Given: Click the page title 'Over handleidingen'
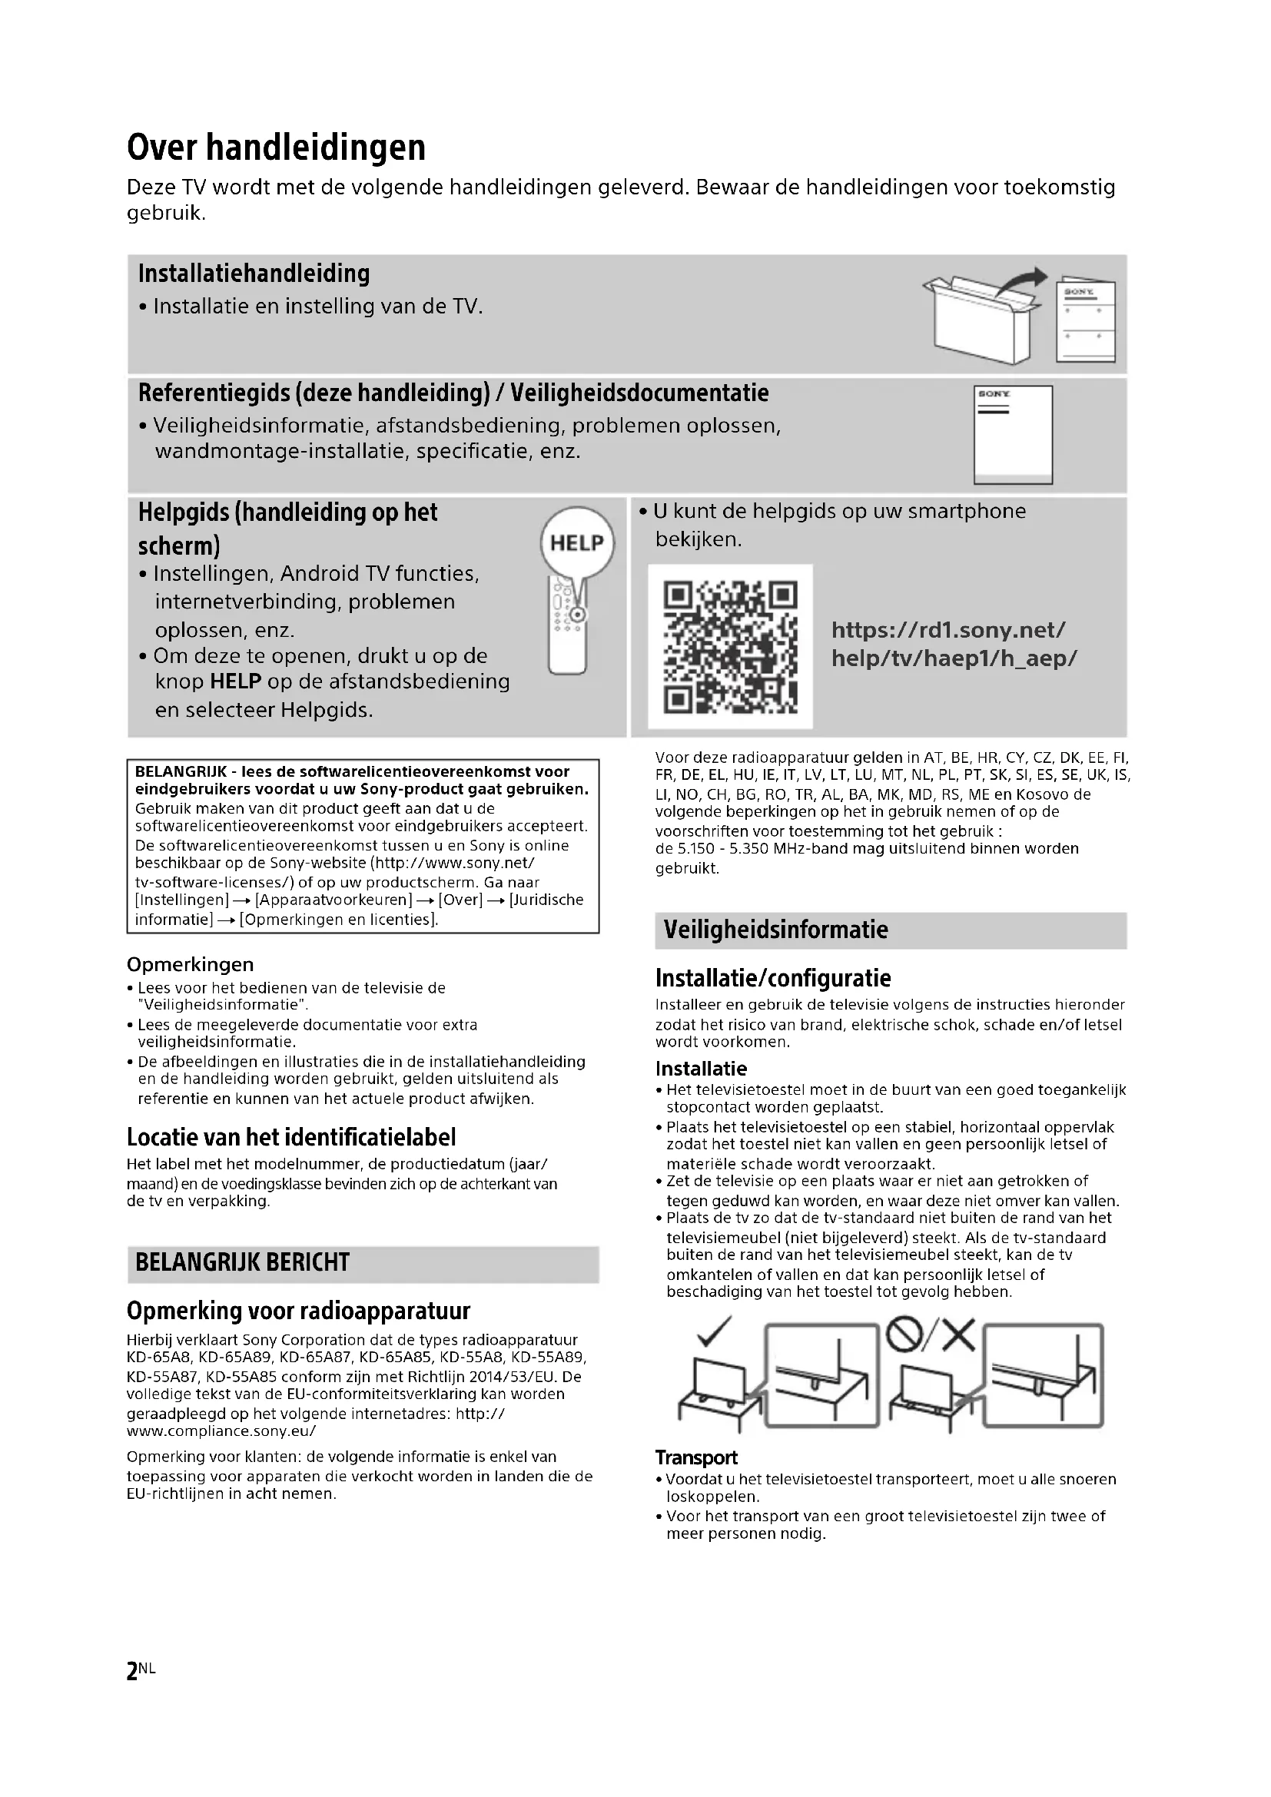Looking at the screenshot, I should [276, 148].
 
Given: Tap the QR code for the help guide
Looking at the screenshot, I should [729, 646].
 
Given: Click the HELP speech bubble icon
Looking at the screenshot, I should [578, 543].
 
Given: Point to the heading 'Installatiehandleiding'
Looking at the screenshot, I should [254, 274].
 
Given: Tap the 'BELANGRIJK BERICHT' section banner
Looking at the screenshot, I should [243, 1262].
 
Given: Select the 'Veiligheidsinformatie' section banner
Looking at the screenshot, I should [775, 930].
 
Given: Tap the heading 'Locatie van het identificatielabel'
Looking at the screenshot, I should [291, 1137].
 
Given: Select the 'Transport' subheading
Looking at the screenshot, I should [695, 1457].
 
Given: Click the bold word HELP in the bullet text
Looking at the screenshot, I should [236, 681].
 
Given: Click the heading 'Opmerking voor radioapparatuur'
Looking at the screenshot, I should [298, 1310].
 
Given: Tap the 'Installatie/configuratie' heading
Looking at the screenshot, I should [772, 978].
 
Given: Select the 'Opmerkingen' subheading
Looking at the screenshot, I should [190, 964].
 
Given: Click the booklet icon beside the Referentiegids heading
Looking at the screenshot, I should [1013, 434].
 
